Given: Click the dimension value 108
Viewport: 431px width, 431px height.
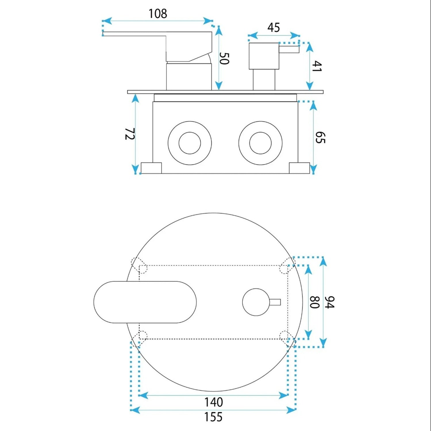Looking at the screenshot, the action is [x=157, y=14].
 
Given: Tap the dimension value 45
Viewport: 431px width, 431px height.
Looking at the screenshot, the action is [x=274, y=28].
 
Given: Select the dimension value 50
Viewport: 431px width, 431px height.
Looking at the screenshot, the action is [x=224, y=58].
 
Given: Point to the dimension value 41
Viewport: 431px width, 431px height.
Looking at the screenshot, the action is [x=316, y=66].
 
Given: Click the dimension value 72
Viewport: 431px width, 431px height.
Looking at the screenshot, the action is [x=130, y=134].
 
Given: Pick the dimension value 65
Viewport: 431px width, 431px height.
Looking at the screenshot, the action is [x=320, y=138].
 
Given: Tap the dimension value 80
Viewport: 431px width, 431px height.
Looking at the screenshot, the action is [x=315, y=302].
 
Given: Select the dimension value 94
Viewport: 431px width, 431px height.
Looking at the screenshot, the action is [x=329, y=302].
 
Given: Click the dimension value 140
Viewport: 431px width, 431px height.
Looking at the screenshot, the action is [x=213, y=402].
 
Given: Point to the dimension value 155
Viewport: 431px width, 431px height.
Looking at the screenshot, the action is [x=213, y=417].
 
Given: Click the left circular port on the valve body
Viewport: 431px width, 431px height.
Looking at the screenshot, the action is [x=190, y=143].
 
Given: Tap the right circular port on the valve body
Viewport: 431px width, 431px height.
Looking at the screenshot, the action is [x=260, y=143].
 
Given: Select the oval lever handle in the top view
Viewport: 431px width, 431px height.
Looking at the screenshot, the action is [x=145, y=302].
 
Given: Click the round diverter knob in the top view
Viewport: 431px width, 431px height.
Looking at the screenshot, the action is [x=256, y=302].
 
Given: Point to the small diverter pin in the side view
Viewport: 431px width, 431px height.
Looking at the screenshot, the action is [x=289, y=49].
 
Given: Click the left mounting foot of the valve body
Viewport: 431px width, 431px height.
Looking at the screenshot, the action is [x=151, y=168].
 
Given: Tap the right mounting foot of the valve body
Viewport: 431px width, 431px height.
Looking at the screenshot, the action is [x=299, y=168].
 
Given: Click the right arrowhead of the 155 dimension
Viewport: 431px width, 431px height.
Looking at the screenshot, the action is [x=291, y=410].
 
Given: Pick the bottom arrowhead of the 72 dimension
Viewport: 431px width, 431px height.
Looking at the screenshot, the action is [x=135, y=169].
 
